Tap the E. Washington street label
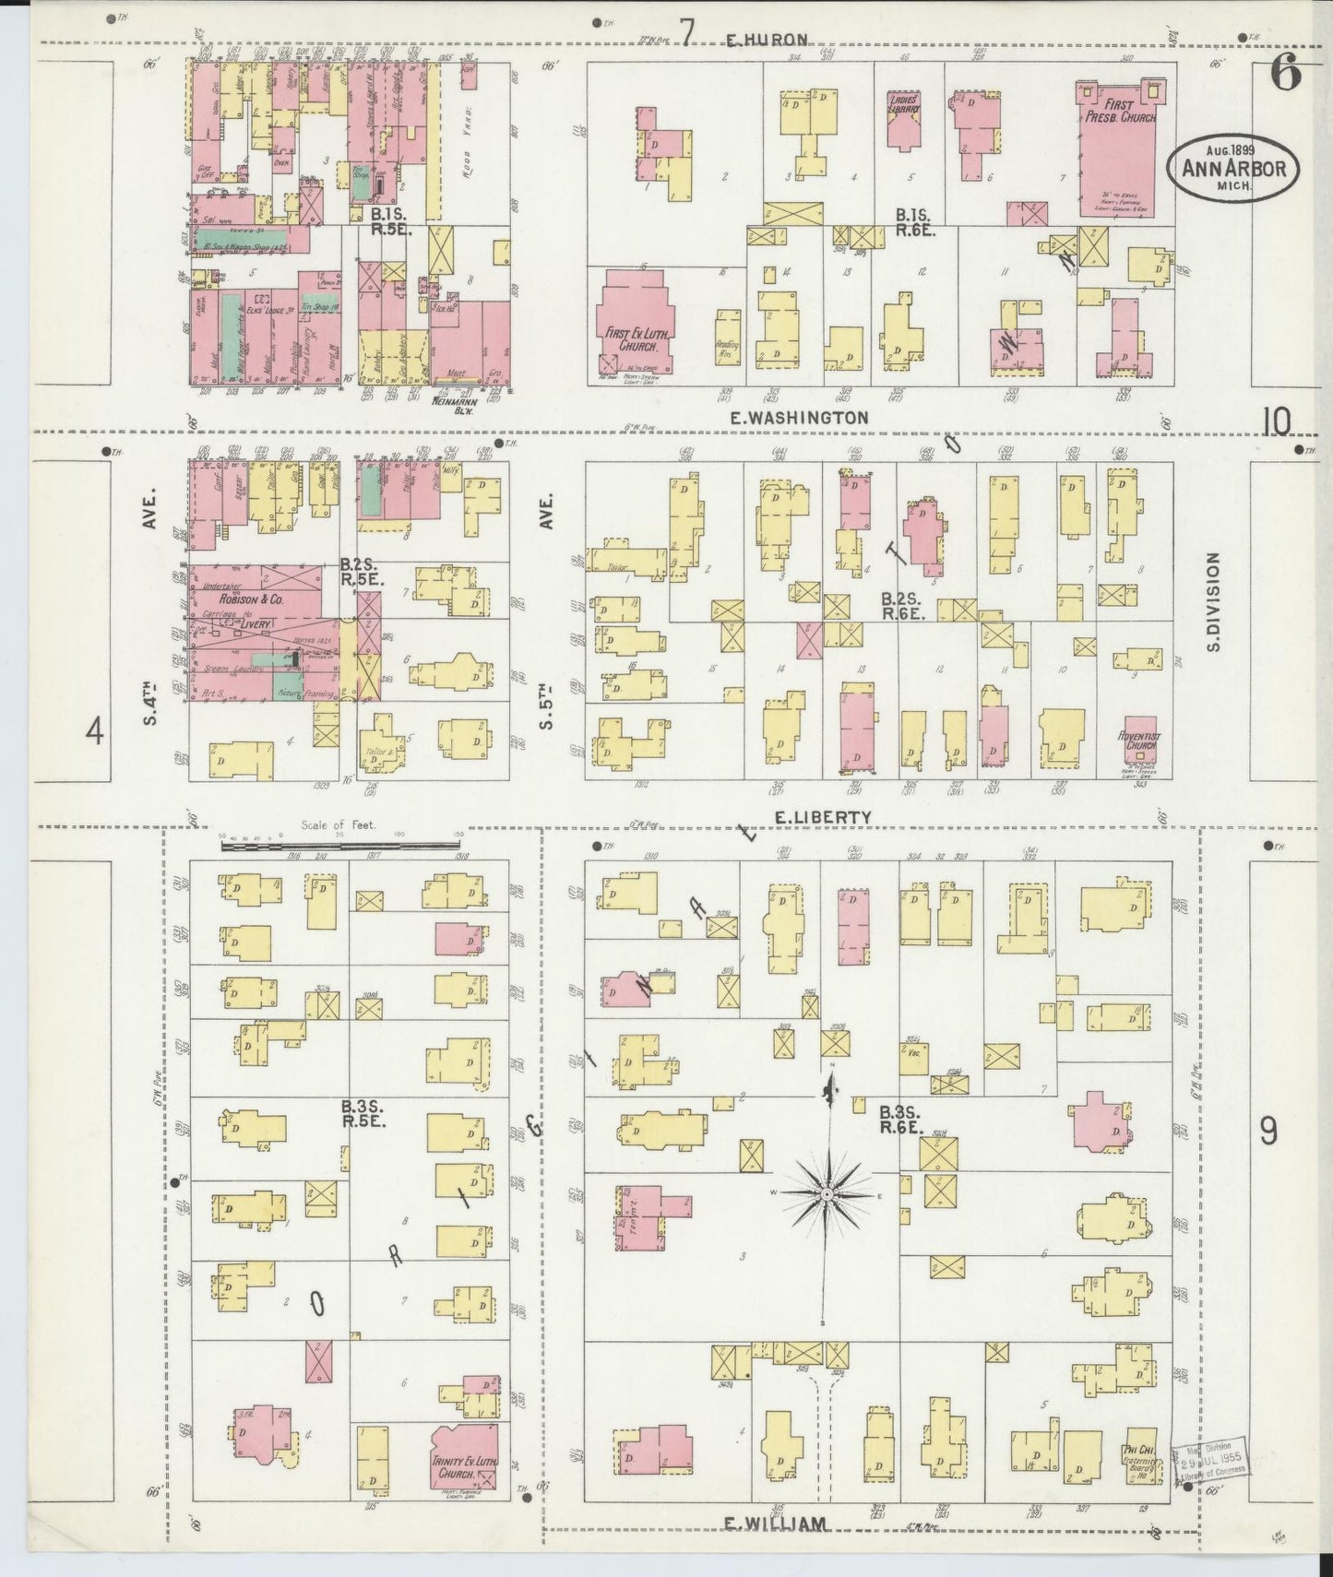pyautogui.click(x=798, y=418)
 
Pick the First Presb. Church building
pyautogui.click(x=1124, y=148)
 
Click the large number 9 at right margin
pyautogui.click(x=1268, y=1130)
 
